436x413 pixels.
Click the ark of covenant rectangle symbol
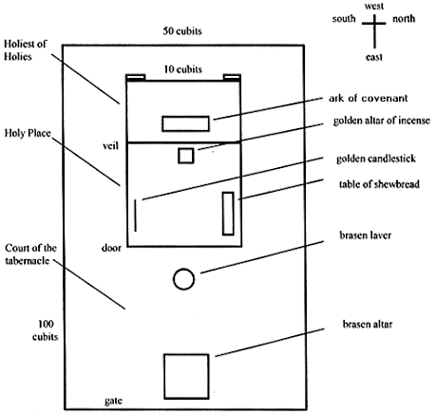pos(185,123)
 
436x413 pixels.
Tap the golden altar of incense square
pos(187,155)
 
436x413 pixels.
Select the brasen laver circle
pos(183,279)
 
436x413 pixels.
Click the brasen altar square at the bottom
pos(186,375)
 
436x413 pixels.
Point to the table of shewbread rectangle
pos(228,213)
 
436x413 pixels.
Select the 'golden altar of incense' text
pos(381,122)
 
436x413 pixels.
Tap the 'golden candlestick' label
pos(374,159)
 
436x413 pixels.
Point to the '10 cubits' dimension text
pos(183,69)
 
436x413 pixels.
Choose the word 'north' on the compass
pos(404,18)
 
